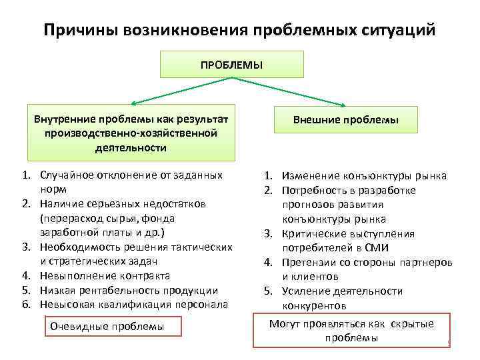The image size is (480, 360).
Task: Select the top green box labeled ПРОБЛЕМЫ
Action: tap(231, 65)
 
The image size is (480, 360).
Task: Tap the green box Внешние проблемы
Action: tap(345, 120)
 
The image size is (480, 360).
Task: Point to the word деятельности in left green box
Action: tap(131, 148)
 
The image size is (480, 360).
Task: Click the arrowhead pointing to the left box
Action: tap(133, 103)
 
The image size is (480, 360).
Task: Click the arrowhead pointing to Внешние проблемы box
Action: tap(343, 104)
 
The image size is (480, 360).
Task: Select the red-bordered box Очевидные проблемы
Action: tap(107, 327)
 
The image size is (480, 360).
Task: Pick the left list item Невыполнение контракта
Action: tap(105, 275)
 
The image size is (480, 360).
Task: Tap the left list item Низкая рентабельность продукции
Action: tap(129, 290)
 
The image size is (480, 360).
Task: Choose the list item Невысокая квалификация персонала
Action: tap(133, 304)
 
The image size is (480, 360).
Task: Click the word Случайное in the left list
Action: tap(64, 175)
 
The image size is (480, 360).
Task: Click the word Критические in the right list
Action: tap(312, 233)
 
